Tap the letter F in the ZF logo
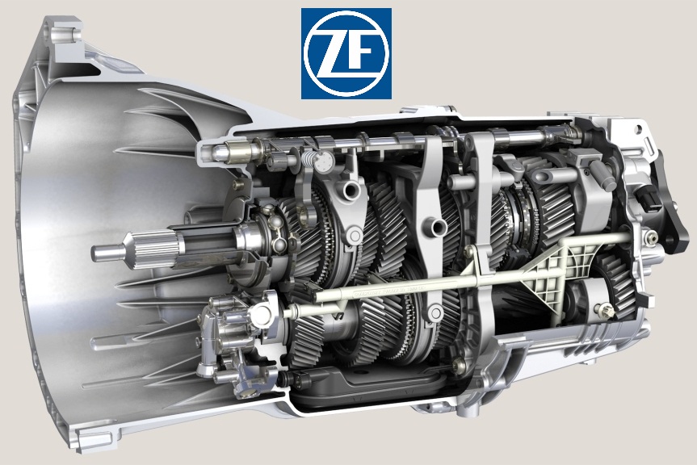coord(363,52)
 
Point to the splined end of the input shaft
coord(153,249)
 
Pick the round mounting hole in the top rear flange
coord(639,129)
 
